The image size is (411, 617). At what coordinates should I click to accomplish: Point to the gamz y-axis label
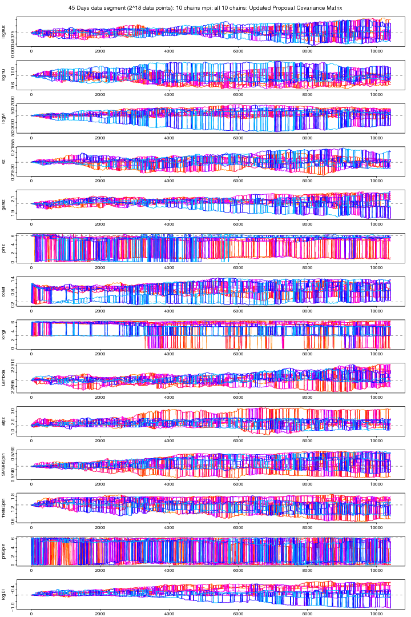click(4, 204)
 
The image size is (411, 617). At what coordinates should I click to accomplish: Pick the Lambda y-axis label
click(4, 377)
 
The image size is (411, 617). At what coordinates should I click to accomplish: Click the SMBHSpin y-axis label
click(4, 465)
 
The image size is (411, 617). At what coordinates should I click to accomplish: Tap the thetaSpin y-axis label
click(4, 507)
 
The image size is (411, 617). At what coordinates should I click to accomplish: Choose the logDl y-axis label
click(4, 595)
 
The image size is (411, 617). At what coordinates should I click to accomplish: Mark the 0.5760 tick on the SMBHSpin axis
click(12, 456)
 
